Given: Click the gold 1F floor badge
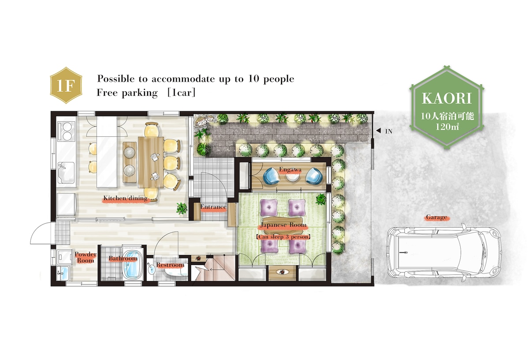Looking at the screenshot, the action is (66, 85).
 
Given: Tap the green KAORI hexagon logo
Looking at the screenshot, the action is (447, 108).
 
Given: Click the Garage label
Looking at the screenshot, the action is (436, 217).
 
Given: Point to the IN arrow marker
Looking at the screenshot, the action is (379, 131).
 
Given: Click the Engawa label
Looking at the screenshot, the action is (290, 169).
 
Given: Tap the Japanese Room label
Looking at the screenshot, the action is (283, 225).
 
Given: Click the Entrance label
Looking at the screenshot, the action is (213, 207).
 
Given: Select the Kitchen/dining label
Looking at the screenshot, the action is (125, 198).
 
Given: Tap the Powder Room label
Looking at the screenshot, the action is (86, 257).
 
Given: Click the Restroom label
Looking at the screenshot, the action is (170, 265).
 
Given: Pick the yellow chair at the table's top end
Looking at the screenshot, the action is (152, 130).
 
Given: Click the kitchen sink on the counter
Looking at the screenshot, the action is (66, 172).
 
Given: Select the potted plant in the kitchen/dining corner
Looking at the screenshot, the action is (182, 208).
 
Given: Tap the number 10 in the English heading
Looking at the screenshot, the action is (253, 79).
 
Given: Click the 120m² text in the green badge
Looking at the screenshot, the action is (447, 127).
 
